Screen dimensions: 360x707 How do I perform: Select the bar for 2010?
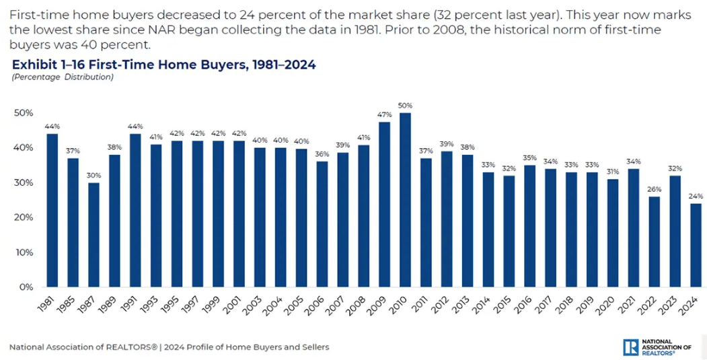click(405, 200)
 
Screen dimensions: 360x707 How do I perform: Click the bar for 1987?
click(94, 235)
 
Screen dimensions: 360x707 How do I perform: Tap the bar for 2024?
click(695, 245)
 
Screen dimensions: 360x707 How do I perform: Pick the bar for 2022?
click(653, 242)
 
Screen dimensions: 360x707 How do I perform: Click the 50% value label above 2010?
click(405, 106)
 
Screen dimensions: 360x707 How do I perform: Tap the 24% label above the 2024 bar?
click(695, 196)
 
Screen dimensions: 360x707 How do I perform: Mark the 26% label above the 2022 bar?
click(653, 189)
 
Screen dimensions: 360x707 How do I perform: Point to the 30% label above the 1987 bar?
click(94, 176)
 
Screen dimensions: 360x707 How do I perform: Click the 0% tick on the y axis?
click(25, 287)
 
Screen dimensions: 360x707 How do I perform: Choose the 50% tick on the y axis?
click(23, 113)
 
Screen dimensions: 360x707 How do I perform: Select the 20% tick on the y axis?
click(23, 217)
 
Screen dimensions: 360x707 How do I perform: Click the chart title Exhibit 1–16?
click(163, 65)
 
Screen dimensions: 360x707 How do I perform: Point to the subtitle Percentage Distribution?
click(63, 77)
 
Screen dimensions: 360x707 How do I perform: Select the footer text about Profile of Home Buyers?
click(170, 347)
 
